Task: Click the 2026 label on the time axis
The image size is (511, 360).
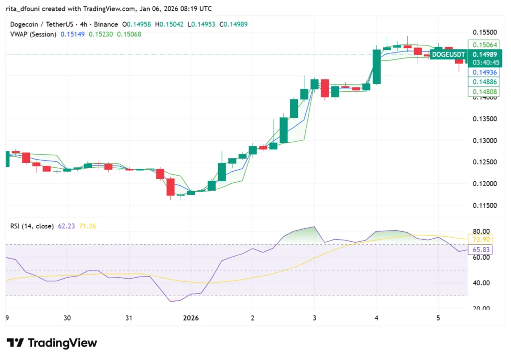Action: [x=191, y=318]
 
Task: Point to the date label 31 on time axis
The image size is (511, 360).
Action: [x=129, y=318]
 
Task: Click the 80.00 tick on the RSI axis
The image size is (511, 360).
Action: [x=482, y=232]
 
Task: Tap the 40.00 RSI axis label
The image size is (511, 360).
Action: [x=482, y=283]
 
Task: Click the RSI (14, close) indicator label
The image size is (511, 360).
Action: [x=32, y=226]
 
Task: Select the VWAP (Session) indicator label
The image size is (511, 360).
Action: [x=33, y=34]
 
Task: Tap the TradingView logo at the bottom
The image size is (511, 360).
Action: [x=52, y=343]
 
